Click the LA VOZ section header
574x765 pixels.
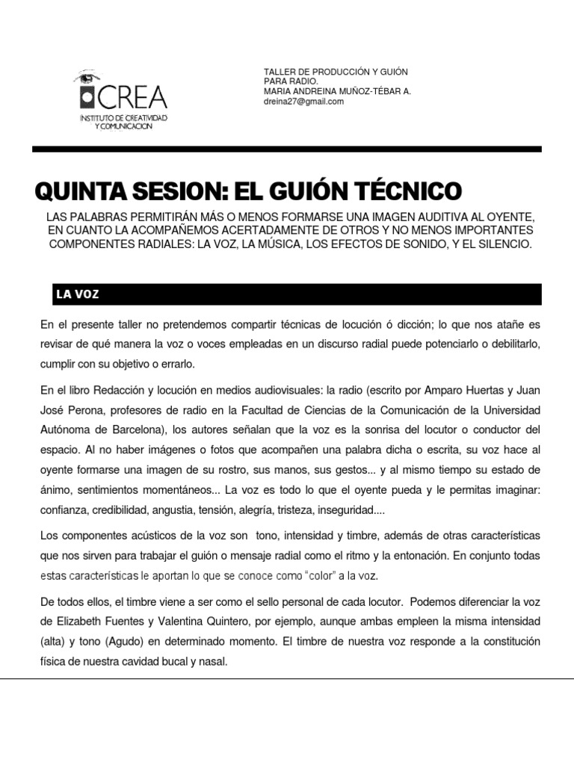pyautogui.click(x=78, y=295)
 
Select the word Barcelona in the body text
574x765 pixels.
pyautogui.click(x=138, y=430)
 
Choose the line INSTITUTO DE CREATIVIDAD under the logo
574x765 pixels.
pyautogui.click(x=123, y=119)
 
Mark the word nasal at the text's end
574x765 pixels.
pyautogui.click(x=212, y=661)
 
